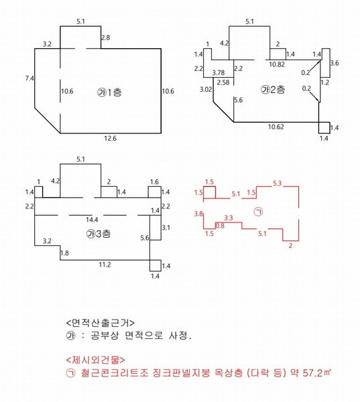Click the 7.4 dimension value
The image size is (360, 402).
[29, 78]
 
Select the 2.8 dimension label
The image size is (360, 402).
[105, 38]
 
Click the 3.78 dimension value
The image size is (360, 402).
[218, 72]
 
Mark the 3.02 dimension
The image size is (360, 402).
[206, 88]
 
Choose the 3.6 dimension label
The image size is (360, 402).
[336, 64]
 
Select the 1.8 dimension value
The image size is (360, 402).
[64, 253]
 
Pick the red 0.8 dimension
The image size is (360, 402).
[220, 226]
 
